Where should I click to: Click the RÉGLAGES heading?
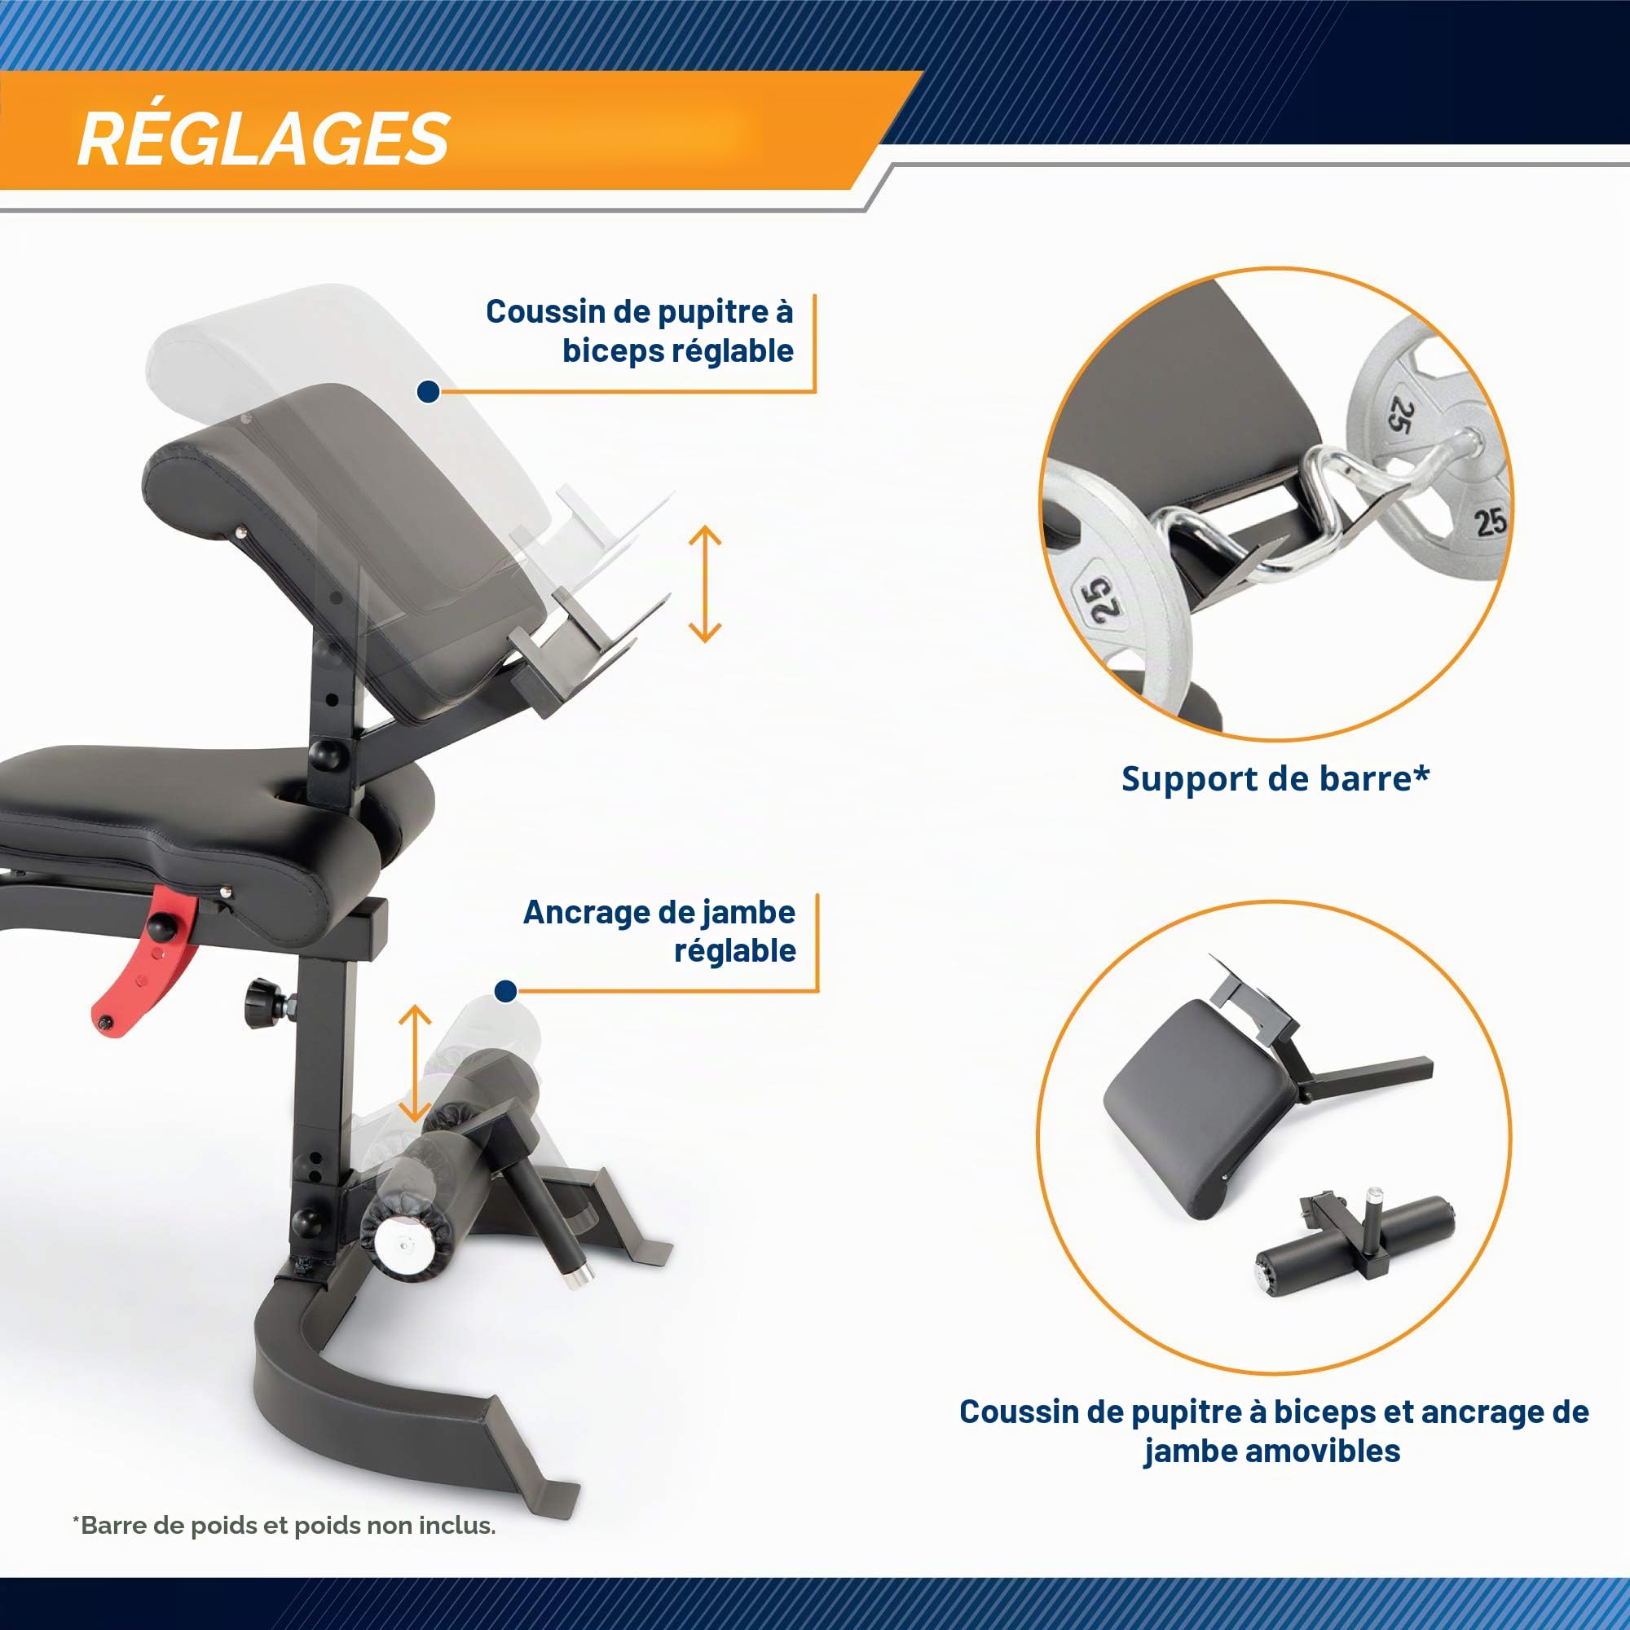(x=263, y=138)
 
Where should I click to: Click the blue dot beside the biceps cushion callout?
(x=429, y=391)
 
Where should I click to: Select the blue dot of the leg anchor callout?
(x=505, y=991)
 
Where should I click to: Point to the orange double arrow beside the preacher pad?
(x=705, y=584)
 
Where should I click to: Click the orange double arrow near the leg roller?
(x=414, y=1063)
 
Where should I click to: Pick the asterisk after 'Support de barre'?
(x=1421, y=772)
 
